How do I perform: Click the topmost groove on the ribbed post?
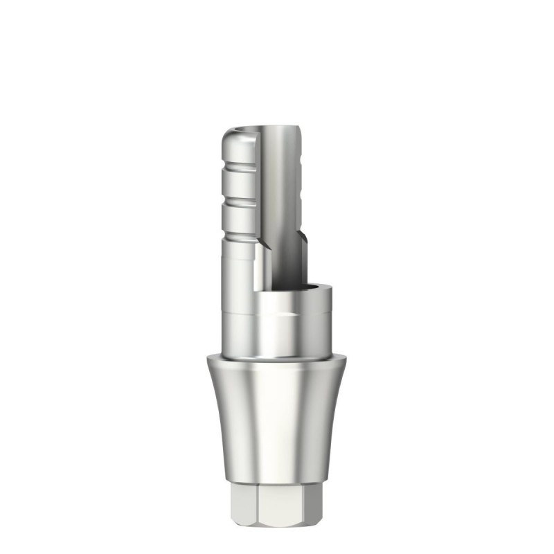coord(239,166)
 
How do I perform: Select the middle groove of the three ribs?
coord(239,201)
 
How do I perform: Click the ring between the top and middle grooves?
coord(239,184)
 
